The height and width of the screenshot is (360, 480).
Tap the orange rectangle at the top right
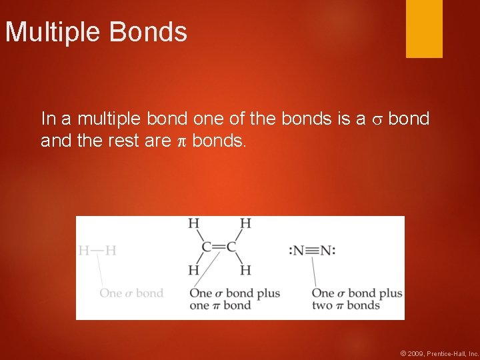(424, 28)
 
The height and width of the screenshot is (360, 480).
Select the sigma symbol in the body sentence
(377, 120)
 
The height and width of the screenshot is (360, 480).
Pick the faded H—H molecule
(97, 251)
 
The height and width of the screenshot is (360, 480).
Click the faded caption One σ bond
(131, 293)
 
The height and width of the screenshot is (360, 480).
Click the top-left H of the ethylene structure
(194, 223)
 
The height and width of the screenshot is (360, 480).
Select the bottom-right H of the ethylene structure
(245, 270)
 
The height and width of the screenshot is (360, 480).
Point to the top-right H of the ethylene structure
(245, 223)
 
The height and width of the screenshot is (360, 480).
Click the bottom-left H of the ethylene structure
(194, 270)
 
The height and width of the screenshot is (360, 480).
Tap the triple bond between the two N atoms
(312, 251)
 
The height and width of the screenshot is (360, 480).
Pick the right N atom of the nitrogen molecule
(326, 251)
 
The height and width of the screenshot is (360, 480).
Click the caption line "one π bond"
(220, 305)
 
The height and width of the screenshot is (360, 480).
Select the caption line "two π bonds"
(346, 305)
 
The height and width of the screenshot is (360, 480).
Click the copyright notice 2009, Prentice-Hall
(439, 353)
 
